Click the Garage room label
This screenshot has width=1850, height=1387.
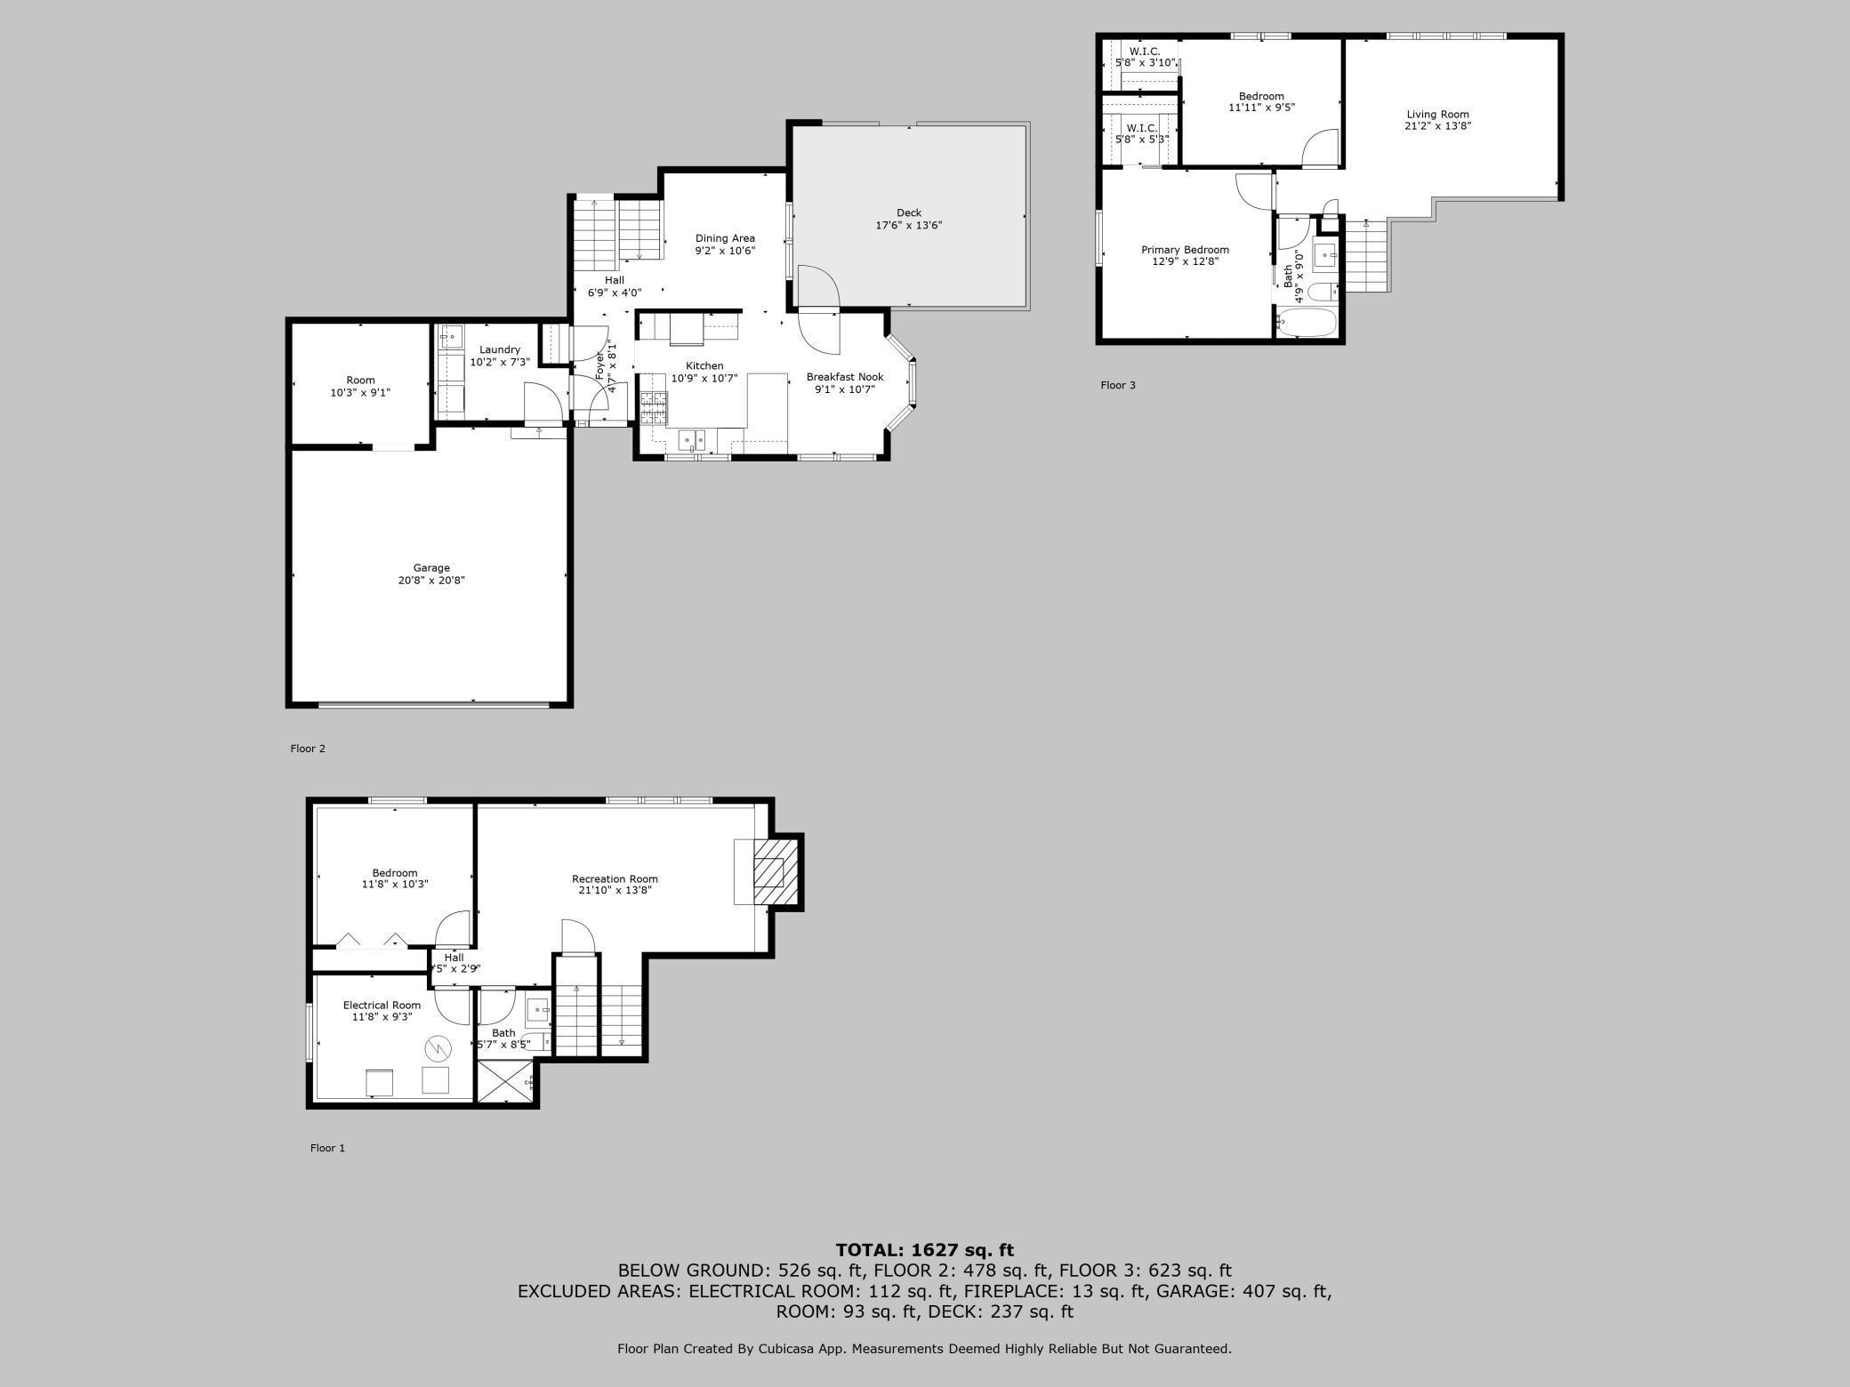pos(431,573)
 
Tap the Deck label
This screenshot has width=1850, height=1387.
pos(908,219)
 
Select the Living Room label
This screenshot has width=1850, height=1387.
pos(1437,120)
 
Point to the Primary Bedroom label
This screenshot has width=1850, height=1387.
pos(1185,256)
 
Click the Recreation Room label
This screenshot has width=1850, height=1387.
pos(615,885)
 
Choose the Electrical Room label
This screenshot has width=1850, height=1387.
pos(382,1011)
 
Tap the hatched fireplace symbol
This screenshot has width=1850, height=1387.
pos(769,872)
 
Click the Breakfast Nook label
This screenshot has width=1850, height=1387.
pos(844,382)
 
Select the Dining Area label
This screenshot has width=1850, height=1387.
pos(725,245)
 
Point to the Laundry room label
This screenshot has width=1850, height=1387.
pos(499,356)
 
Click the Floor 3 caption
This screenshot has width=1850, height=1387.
pos(1118,385)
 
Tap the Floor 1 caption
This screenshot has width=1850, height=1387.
pos(327,1148)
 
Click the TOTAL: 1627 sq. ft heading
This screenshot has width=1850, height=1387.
pos(924,1250)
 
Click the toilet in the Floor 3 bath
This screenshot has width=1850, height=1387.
pos(1323,291)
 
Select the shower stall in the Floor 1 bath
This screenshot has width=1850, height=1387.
pos(506,1082)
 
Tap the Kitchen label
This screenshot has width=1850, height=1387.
pos(704,372)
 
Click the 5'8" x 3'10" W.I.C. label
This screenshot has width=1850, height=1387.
pos(1145,57)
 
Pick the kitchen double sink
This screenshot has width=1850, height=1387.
pos(692,440)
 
